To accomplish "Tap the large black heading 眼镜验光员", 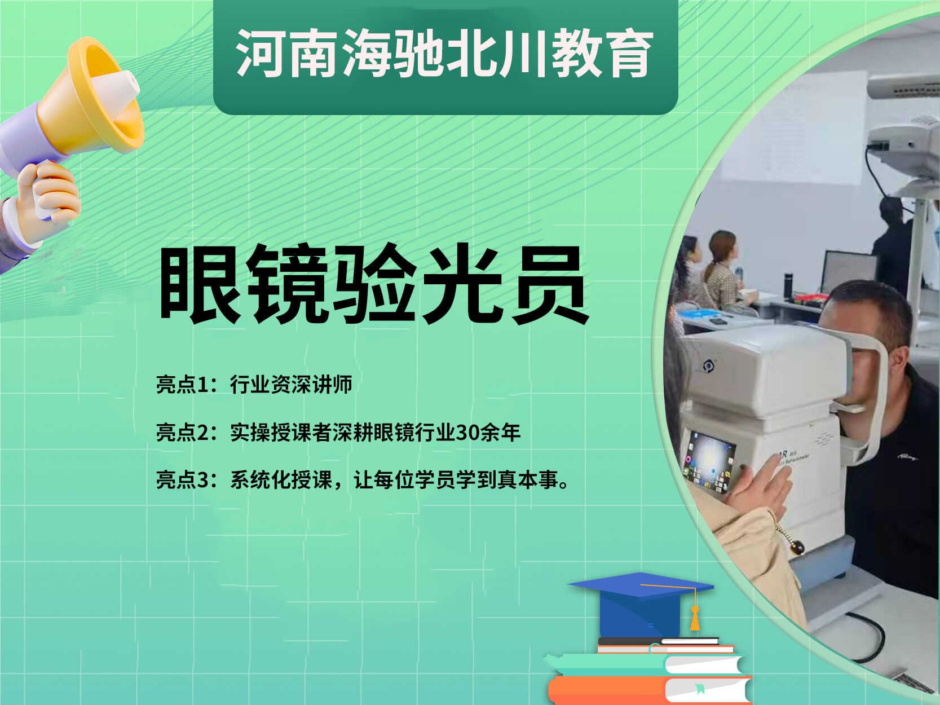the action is [374, 285].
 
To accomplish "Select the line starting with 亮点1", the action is [254, 384].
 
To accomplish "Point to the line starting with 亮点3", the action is [363, 480].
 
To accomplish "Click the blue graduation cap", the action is [641, 604].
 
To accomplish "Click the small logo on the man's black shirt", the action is [907, 458].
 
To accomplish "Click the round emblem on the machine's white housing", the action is [708, 366].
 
